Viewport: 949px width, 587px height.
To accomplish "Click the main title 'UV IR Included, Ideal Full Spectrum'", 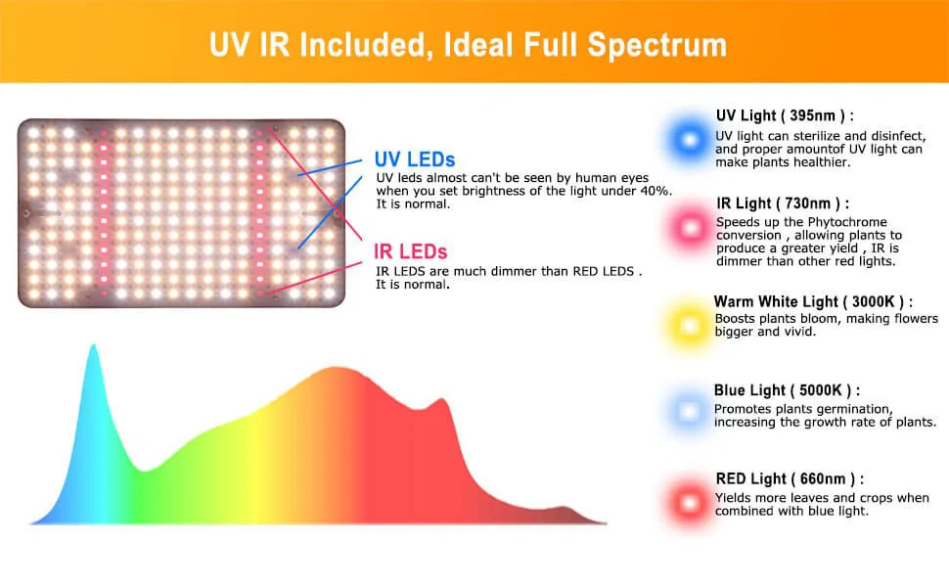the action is point(468,45).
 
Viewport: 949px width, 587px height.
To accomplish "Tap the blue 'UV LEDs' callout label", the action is point(415,159).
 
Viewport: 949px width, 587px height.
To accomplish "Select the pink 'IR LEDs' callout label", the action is point(410,251).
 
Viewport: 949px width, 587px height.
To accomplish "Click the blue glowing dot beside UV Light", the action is point(690,140).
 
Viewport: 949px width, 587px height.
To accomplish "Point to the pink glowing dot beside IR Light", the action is point(690,228).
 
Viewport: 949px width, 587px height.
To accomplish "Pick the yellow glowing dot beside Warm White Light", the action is point(689,326).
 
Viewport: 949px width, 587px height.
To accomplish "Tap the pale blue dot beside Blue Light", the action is point(688,412).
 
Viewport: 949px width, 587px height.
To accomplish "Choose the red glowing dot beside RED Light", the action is point(690,502).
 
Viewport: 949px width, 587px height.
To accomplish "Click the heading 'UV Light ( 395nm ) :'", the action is point(785,115).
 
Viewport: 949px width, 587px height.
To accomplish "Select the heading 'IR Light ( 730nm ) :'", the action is point(783,203).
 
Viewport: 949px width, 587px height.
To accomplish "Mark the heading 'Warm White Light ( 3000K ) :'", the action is point(813,301).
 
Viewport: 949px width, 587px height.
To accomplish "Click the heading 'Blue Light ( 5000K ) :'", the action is point(787,390).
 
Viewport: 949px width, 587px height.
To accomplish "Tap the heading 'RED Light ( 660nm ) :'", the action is point(790,478).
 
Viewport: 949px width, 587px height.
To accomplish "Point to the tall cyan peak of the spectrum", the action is point(94,347).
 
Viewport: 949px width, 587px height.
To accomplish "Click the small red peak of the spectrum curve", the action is point(443,400).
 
